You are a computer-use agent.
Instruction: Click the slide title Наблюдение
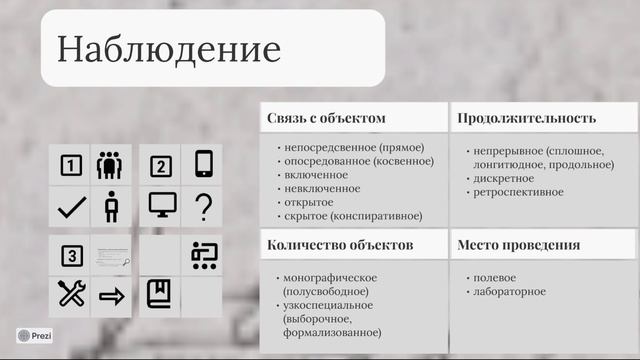point(169,49)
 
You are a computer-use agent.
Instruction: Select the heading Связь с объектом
point(326,118)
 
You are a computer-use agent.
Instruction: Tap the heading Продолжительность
point(527,118)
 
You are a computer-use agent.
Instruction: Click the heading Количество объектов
point(340,244)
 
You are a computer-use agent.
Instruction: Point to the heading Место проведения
point(519,244)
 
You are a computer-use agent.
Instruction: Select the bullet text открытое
point(308,202)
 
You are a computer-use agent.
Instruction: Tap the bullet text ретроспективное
point(519,192)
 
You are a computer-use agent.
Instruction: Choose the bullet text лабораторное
point(511,291)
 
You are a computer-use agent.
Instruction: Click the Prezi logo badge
point(35,337)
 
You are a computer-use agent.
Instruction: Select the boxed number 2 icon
point(160,166)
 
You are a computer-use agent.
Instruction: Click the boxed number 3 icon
point(71,256)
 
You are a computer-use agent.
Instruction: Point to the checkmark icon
point(71,207)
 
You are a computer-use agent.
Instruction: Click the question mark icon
point(204,207)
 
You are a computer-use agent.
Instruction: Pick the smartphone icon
point(204,164)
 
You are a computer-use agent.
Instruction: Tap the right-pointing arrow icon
point(111,296)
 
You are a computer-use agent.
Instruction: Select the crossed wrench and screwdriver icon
point(71,294)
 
